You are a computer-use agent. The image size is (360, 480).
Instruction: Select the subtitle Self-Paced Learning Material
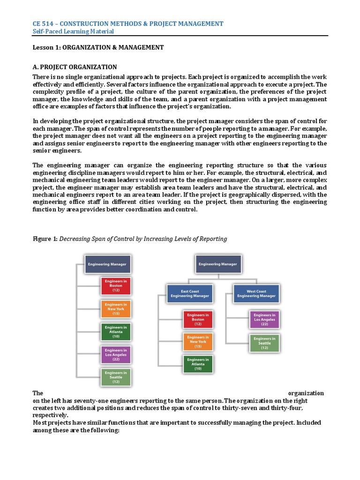(73, 31)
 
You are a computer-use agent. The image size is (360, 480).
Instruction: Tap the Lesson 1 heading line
(98, 47)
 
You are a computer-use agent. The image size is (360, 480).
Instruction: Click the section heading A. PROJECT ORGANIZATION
(75, 67)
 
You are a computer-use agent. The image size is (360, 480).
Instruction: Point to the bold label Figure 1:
(45, 239)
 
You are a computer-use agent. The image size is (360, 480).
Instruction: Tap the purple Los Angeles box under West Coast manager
(264, 319)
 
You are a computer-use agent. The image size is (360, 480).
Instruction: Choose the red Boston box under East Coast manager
(197, 319)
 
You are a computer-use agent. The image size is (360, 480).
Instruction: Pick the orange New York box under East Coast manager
(197, 342)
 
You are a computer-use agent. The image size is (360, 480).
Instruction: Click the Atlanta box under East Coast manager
(197, 364)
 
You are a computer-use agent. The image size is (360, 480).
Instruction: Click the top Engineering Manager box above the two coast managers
(217, 264)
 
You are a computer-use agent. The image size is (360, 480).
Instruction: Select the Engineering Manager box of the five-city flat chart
(107, 264)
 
